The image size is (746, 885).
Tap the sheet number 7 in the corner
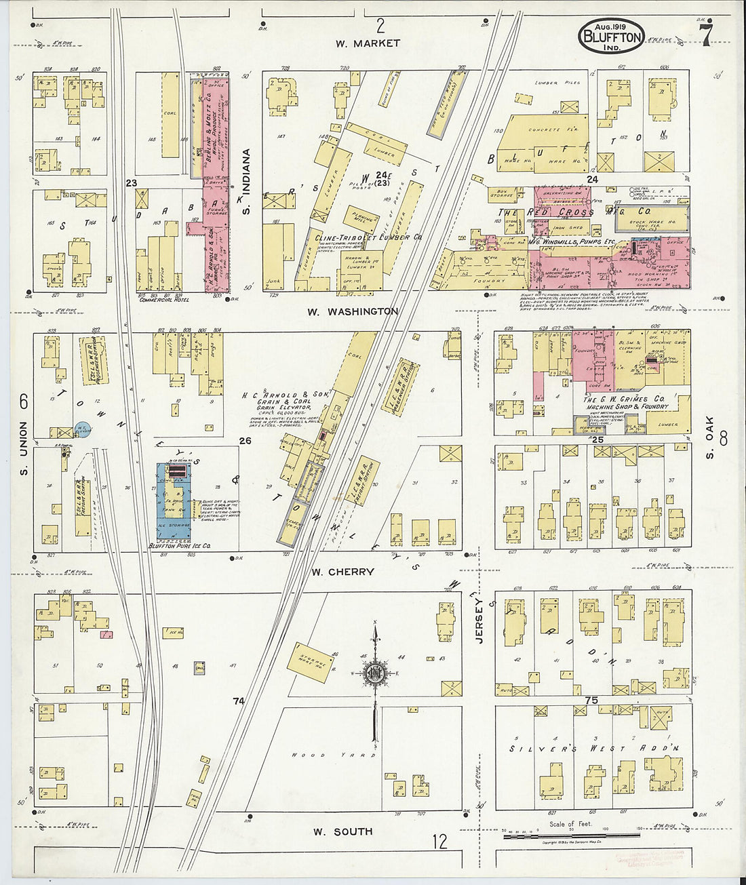pyautogui.click(x=706, y=36)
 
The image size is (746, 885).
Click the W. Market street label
pyautogui.click(x=368, y=43)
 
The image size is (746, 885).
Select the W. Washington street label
pyautogui.click(x=353, y=311)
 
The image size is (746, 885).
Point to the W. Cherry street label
pyautogui.click(x=342, y=572)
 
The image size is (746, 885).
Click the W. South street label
pyautogui.click(x=343, y=831)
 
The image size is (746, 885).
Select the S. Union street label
pyautogui.click(x=23, y=448)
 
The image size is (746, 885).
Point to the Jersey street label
pyautogui.click(x=479, y=620)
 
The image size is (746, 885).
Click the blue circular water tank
pyautogui.click(x=83, y=429)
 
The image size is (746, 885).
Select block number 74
pyautogui.click(x=237, y=701)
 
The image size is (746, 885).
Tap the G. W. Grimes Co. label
pyautogui.click(x=624, y=399)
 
